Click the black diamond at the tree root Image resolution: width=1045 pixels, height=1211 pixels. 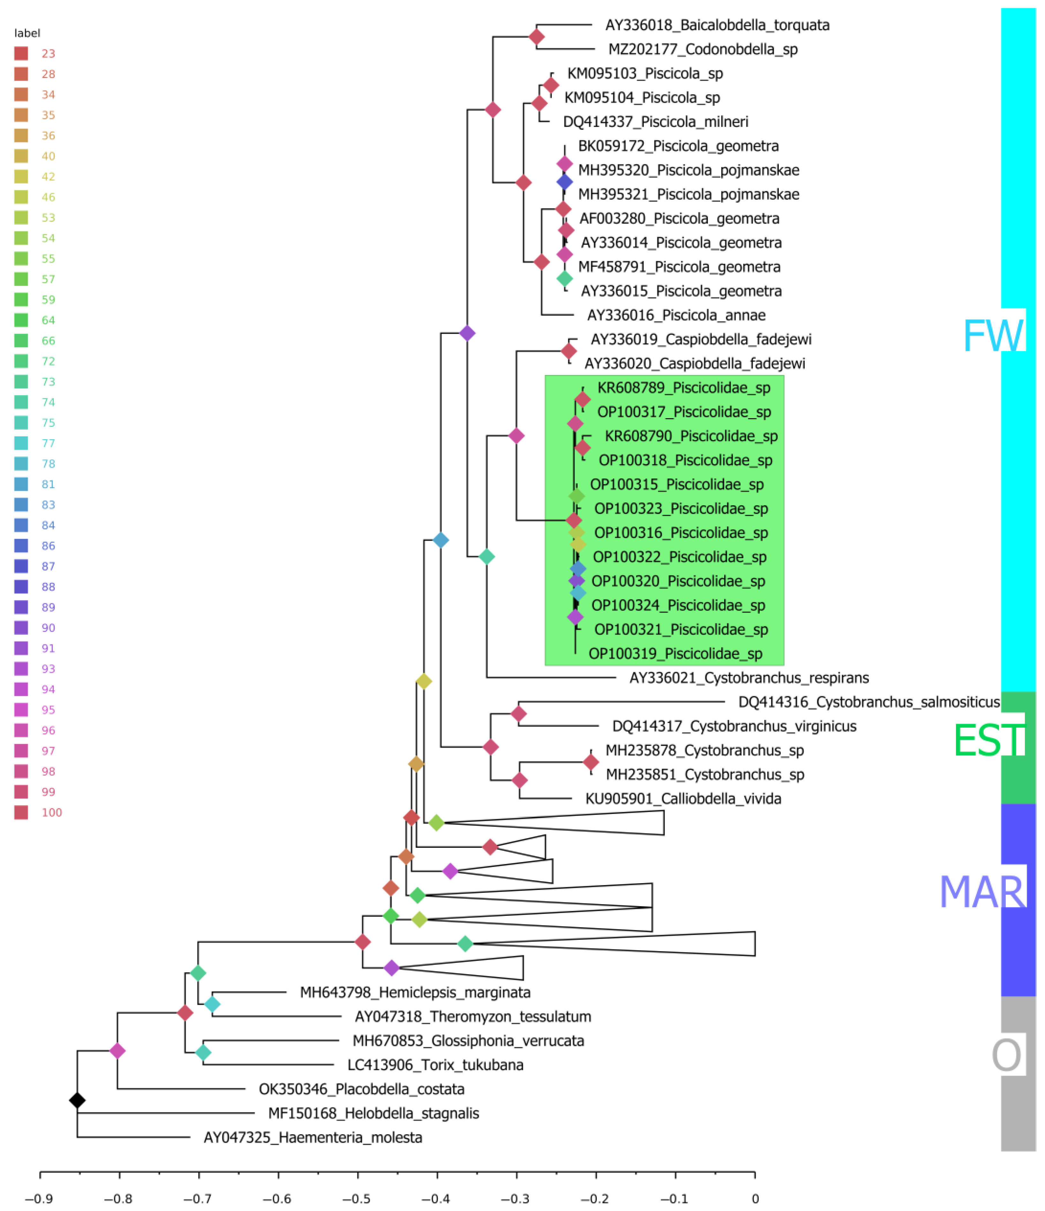(77, 1101)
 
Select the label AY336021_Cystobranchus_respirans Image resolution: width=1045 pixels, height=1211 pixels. (749, 678)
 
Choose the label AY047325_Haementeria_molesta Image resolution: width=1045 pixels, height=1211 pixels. (313, 1137)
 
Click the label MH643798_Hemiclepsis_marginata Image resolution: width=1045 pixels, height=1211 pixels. (415, 992)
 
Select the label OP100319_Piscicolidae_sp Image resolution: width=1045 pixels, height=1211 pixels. (675, 653)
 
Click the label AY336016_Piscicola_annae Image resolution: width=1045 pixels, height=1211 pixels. (676, 315)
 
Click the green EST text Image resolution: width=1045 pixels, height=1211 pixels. (989, 740)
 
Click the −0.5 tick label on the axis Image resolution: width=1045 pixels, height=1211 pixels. (357, 1199)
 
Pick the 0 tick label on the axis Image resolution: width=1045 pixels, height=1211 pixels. (755, 1199)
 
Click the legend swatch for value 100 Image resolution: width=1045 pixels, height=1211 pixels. (21, 812)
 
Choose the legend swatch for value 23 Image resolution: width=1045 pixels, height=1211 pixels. (21, 54)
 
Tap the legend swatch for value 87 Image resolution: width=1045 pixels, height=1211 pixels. (21, 566)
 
